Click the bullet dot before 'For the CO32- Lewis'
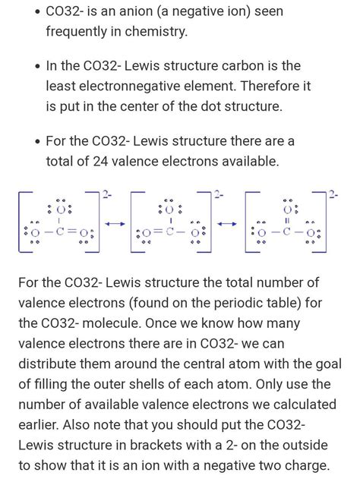pyautogui.click(x=36, y=142)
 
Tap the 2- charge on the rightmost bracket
pyautogui.click(x=333, y=195)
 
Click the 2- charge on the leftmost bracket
pyautogui.click(x=107, y=195)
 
